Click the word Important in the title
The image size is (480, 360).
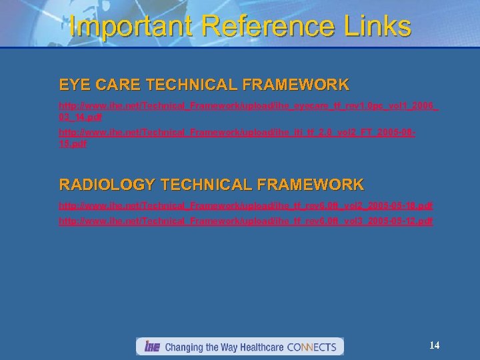coord(127,27)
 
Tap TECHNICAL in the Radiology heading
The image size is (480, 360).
coord(201,185)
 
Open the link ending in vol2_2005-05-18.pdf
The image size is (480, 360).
coord(246,205)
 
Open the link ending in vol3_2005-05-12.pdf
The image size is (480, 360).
coord(246,220)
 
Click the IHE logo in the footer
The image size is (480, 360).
coord(151,347)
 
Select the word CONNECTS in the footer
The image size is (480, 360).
coord(312,347)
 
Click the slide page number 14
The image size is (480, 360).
coord(435,345)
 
